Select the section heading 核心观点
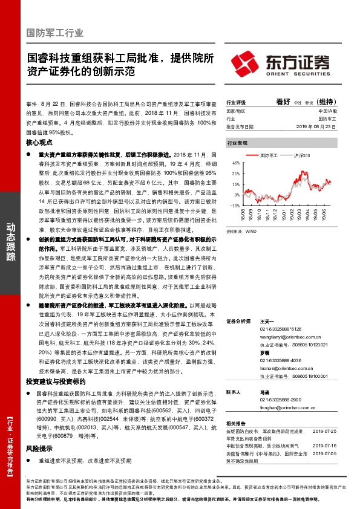[40, 143]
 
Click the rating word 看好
[284, 102]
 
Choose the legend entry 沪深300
[301, 156]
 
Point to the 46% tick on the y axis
[236, 163]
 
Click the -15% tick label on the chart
[235, 206]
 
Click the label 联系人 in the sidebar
[234, 392]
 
